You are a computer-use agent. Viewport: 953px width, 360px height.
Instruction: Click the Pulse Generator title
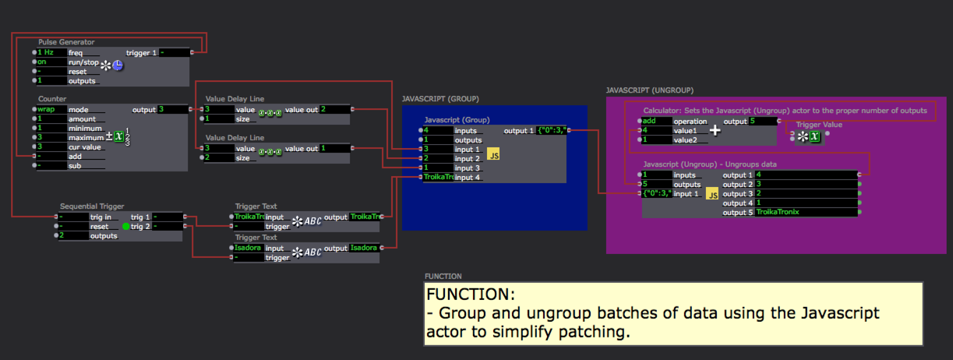click(x=66, y=42)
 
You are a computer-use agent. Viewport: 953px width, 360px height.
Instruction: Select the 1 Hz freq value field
click(x=51, y=52)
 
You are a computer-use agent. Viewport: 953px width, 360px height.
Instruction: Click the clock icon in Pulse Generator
click(x=118, y=65)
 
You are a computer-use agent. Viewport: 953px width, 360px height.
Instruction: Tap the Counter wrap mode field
click(x=51, y=110)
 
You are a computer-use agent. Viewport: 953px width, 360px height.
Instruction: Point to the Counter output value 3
click(x=171, y=110)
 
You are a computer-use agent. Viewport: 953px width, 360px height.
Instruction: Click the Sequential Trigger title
click(x=91, y=206)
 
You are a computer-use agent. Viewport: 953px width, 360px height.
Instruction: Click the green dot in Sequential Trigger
click(x=125, y=226)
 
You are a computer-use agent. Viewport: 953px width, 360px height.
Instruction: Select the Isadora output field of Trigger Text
click(x=364, y=248)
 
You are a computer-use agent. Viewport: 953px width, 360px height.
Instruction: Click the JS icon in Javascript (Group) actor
click(x=493, y=156)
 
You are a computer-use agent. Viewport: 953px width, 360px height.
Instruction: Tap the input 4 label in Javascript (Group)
click(x=468, y=178)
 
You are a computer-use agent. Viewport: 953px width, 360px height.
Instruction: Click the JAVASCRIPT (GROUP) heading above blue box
click(x=439, y=100)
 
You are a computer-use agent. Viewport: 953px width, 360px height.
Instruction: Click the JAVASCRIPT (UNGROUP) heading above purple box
click(x=649, y=90)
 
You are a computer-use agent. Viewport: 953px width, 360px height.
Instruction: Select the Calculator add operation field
click(x=656, y=122)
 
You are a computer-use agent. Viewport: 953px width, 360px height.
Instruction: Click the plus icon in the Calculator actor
click(x=715, y=131)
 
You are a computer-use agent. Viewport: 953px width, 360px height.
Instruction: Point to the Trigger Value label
click(x=819, y=125)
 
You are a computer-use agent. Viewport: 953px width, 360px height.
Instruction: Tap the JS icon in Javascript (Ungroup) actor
click(x=711, y=194)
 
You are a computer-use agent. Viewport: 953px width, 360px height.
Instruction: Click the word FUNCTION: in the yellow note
click(x=470, y=296)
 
